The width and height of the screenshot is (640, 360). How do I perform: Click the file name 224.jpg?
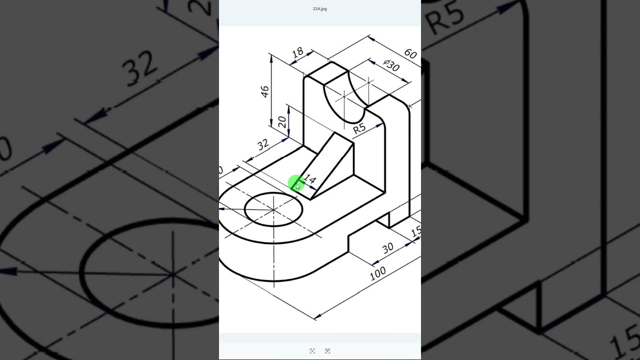click(x=320, y=9)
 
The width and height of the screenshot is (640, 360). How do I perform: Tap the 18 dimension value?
click(x=297, y=52)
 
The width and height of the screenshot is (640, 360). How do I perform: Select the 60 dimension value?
click(x=410, y=53)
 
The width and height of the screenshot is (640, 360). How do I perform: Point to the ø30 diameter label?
click(x=391, y=65)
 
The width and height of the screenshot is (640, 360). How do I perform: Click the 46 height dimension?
click(x=265, y=91)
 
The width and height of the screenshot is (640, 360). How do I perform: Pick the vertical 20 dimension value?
click(x=281, y=122)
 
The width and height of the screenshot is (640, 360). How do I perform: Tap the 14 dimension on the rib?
click(x=310, y=180)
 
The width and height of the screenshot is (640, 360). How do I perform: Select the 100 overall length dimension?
click(x=377, y=272)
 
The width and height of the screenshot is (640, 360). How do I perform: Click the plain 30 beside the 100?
click(x=387, y=248)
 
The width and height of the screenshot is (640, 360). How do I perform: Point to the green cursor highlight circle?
click(x=296, y=183)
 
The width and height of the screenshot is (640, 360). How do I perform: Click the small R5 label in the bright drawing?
click(x=359, y=128)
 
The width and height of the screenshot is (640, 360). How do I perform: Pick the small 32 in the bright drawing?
click(x=263, y=145)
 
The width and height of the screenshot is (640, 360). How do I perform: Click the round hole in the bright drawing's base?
click(x=273, y=209)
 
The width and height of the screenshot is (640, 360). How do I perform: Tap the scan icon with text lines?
click(x=327, y=351)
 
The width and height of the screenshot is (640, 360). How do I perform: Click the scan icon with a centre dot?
click(x=312, y=351)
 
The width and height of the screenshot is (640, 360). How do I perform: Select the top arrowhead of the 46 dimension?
click(x=271, y=58)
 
